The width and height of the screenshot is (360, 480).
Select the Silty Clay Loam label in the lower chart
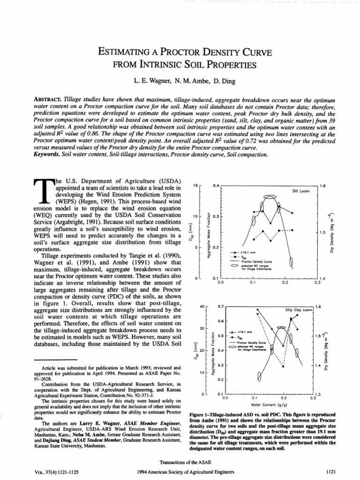tap(299, 310)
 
